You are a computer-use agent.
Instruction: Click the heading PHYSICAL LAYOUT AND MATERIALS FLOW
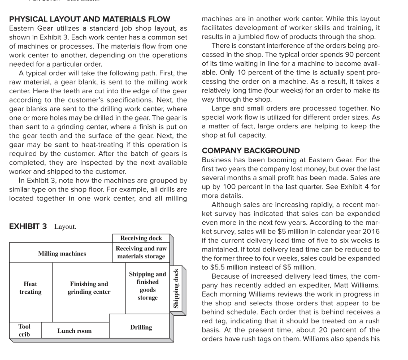pos(90,19)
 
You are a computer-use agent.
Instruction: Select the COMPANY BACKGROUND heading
pos(251,151)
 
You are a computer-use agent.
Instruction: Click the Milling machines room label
pos(62,254)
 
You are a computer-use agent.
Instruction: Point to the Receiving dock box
pos(141,238)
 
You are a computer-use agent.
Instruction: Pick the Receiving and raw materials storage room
pos(141,253)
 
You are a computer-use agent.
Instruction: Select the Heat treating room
pos(30,288)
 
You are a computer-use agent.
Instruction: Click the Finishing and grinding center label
pos(89,288)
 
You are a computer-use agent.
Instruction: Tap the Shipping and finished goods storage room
pos(147,286)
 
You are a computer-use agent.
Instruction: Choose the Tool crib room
pos(24,330)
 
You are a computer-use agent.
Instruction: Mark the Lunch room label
pos(74,331)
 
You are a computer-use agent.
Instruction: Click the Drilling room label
pos(141,327)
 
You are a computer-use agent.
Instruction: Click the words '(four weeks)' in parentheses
pos(269,90)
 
